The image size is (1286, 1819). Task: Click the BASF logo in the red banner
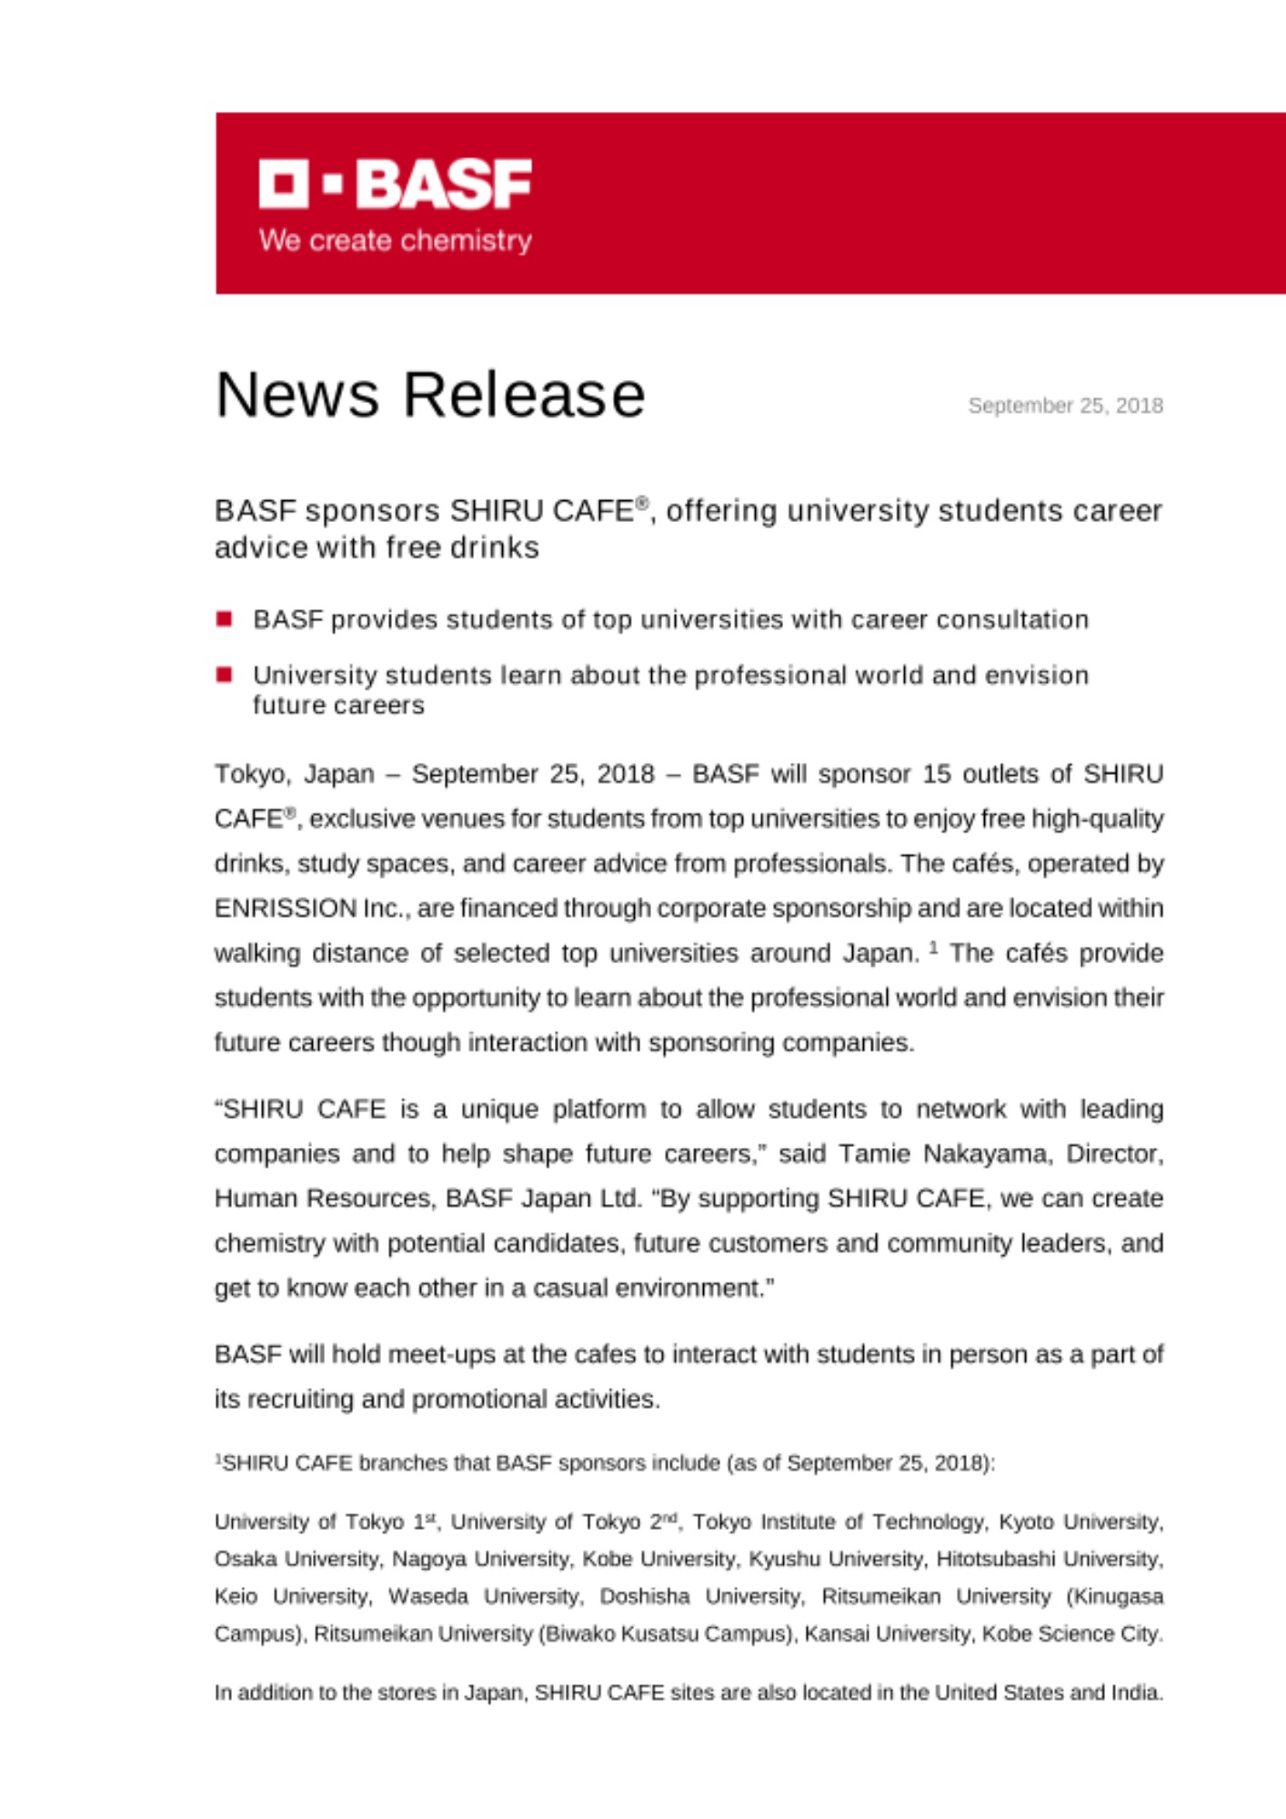pos(395,184)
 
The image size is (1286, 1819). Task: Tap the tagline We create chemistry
pos(395,241)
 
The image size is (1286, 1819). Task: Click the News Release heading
pos(430,395)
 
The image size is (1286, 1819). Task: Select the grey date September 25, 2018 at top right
pos(1065,406)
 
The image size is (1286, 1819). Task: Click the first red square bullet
pos(225,619)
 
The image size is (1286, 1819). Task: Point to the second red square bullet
pos(225,675)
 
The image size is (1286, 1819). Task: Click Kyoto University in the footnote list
pos(1080,1522)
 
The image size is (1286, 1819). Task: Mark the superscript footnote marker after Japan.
pos(933,948)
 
